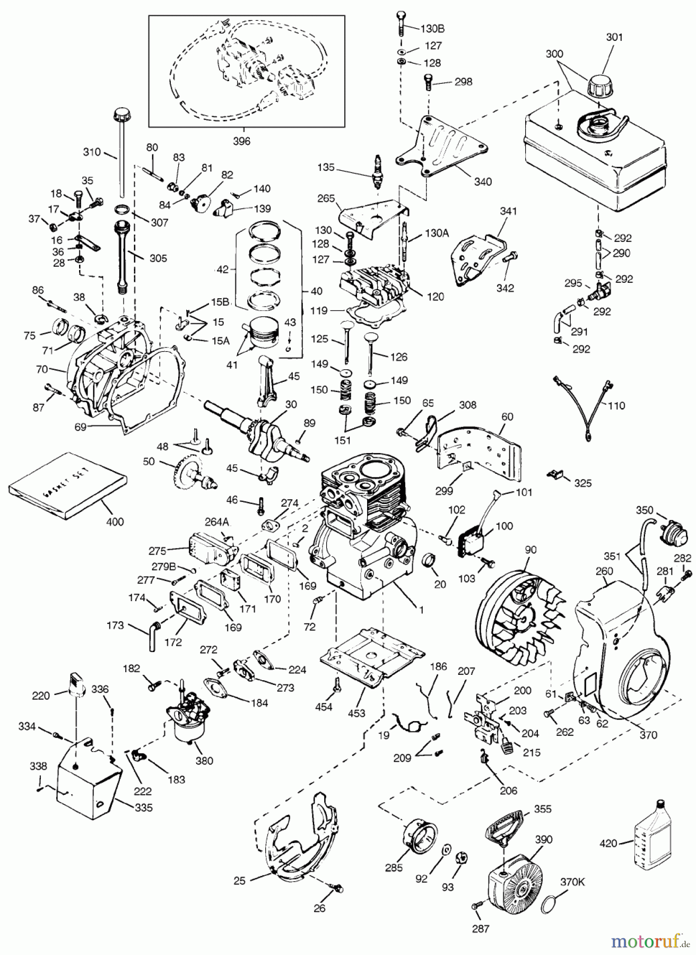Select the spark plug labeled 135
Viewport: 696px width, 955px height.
point(378,172)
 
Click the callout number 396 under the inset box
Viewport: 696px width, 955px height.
point(242,141)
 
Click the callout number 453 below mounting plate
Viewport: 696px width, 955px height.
point(357,713)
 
